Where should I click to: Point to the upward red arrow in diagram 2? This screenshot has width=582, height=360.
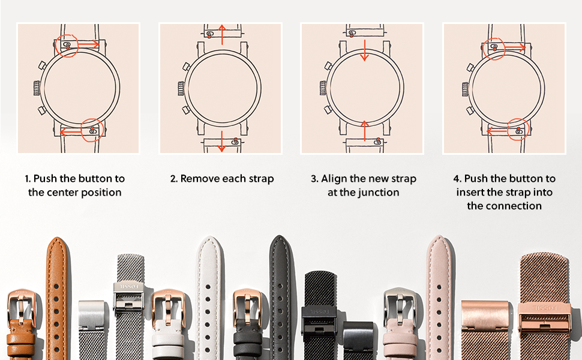tap(222, 35)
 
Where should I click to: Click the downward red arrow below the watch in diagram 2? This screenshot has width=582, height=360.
tap(221, 142)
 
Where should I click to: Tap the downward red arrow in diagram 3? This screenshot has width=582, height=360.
tap(364, 50)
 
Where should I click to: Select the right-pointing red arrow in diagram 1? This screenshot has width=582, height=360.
tap(88, 44)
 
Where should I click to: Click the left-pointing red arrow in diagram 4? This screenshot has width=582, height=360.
tap(497, 131)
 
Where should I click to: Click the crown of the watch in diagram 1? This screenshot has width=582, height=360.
tap(37, 88)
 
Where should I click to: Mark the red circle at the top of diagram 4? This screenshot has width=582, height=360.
tap(494, 49)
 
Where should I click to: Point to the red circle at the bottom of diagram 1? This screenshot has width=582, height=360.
tap(92, 130)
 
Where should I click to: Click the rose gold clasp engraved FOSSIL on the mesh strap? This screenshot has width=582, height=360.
tap(545, 318)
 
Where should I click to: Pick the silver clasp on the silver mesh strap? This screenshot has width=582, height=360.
tap(128, 296)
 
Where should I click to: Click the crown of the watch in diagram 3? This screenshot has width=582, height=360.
tap(323, 88)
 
